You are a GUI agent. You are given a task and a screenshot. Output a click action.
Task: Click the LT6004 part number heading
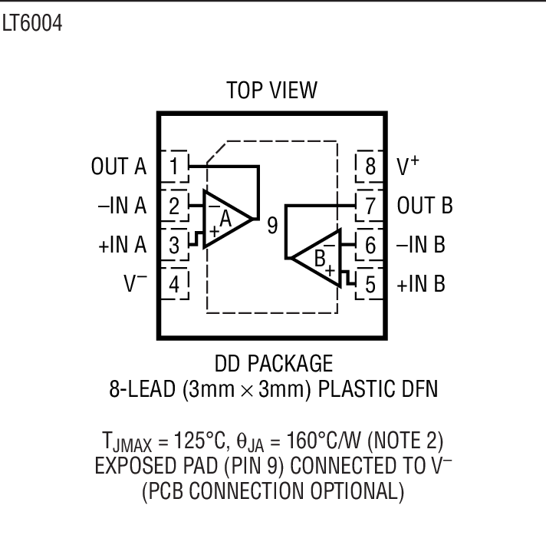click(x=31, y=24)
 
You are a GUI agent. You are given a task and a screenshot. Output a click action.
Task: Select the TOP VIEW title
click(x=271, y=90)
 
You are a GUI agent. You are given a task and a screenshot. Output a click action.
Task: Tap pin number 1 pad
click(x=175, y=167)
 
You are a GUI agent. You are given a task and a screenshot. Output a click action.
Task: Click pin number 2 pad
click(x=175, y=206)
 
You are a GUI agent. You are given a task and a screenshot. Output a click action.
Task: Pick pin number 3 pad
click(x=175, y=245)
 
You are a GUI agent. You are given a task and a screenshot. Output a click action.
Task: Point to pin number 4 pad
click(x=175, y=285)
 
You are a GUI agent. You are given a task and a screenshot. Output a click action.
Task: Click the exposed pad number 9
click(x=272, y=227)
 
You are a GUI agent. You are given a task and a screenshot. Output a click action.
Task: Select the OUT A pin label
click(x=119, y=167)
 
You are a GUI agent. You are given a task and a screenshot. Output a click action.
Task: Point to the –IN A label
click(x=120, y=206)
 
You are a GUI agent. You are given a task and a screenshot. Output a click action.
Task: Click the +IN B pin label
click(x=421, y=285)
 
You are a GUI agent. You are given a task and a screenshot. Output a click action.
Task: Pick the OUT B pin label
click(x=425, y=206)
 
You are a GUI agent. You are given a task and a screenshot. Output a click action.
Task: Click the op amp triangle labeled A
click(x=226, y=219)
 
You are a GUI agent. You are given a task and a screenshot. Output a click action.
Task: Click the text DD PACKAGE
click(x=273, y=363)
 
